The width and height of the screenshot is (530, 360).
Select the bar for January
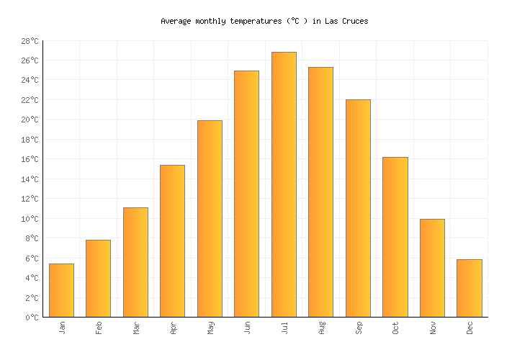pyautogui.click(x=61, y=290)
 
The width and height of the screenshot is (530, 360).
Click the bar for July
pyautogui.click(x=284, y=184)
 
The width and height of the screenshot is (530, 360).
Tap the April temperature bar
pyautogui.click(x=172, y=240)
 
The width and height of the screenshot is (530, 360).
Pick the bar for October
pyautogui.click(x=395, y=237)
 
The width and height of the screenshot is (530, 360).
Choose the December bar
pyautogui.click(x=469, y=288)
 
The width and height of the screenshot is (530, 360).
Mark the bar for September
pyautogui.click(x=358, y=208)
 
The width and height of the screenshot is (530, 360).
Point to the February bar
pyautogui.click(x=98, y=278)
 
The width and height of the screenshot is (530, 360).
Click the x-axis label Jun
pyautogui.click(x=247, y=328)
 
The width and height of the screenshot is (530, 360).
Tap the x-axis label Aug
pyautogui.click(x=321, y=328)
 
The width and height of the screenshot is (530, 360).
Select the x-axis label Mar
pyautogui.click(x=135, y=328)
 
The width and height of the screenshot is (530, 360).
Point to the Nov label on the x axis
pyautogui.click(x=432, y=328)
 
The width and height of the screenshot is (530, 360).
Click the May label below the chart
pyautogui.click(x=210, y=328)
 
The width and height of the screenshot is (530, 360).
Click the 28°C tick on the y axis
pyautogui.click(x=30, y=41)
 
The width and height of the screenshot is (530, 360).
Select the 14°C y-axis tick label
pyautogui.click(x=30, y=179)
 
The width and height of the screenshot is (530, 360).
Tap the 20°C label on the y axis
pyautogui.click(x=30, y=120)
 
